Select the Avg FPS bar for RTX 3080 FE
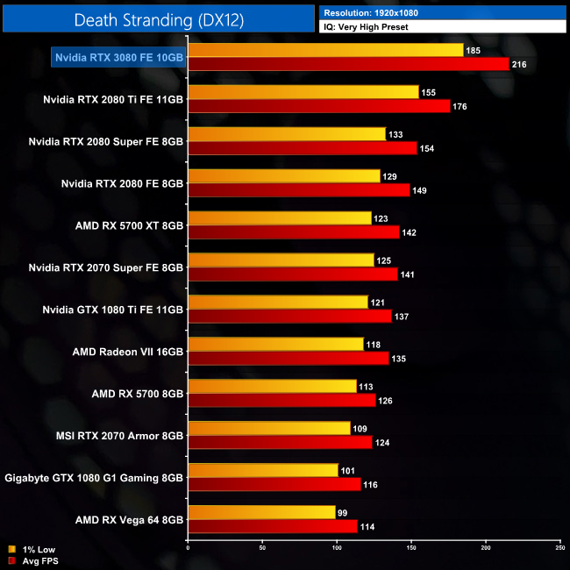pos(348,64)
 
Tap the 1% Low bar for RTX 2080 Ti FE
pos(303,92)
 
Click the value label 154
pos(428,148)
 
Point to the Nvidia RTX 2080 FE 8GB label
pos(123,183)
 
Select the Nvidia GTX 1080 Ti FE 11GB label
pos(113,310)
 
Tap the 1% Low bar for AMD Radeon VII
pos(275,345)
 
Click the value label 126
pos(387,401)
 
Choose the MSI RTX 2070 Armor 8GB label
pos(120,436)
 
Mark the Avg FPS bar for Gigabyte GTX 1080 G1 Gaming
pos(274,484)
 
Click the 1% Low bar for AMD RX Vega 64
pos(261,512)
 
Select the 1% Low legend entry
pos(32,549)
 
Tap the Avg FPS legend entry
pos(33,560)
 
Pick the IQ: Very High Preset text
pos(366,27)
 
